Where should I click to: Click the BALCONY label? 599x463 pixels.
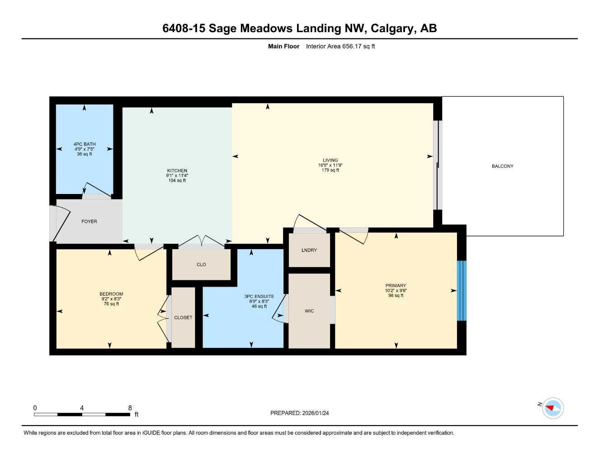coord(502,166)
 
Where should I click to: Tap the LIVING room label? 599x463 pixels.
coord(330,160)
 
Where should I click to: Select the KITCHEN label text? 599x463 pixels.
coord(177,171)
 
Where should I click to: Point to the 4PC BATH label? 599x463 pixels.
coord(85,144)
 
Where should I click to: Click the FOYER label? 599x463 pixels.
coord(89,222)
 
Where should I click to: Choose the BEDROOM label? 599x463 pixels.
coord(111,294)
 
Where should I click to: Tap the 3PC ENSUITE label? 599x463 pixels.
coord(259,297)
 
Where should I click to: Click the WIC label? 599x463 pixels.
coord(309,311)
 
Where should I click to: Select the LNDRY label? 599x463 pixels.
coord(309,250)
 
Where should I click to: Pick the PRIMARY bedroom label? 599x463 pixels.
coord(396,286)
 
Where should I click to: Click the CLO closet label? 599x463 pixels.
coord(201,265)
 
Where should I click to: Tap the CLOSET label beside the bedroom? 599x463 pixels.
coord(183,318)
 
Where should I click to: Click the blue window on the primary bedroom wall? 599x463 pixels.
coord(461,291)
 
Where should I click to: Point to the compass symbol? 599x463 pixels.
coord(552,408)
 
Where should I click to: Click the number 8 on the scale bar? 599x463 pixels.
coord(130,408)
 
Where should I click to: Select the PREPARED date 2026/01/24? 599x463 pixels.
coord(315,413)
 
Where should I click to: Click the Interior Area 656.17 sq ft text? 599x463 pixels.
coord(340,46)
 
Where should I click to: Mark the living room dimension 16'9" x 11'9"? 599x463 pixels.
coord(330,165)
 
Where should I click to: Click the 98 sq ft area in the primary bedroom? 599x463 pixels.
coord(396,296)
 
